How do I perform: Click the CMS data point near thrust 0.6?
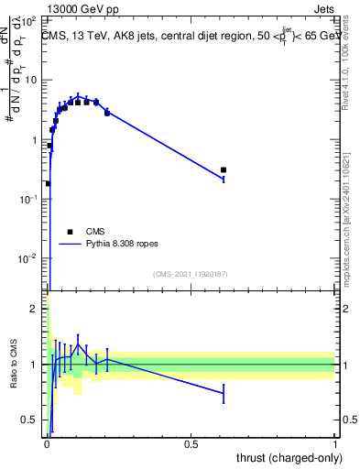coord(224,170)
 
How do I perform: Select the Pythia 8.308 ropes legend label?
coord(124,245)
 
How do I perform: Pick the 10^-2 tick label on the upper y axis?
coord(30,258)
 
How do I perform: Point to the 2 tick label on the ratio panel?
coord(36,309)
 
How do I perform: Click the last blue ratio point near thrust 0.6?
coord(224,393)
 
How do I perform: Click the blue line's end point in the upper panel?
coord(224,180)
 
